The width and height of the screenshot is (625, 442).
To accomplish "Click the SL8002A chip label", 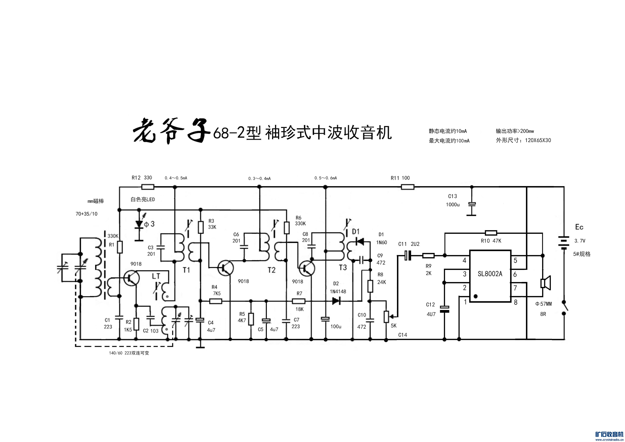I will pos(490,274).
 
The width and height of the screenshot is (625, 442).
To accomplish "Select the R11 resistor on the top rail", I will pos(407,187).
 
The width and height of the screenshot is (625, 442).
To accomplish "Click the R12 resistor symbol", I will pos(148,187).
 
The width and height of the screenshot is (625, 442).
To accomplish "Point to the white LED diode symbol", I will pos(139,224).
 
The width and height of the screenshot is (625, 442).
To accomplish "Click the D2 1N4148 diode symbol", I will pos(336,301).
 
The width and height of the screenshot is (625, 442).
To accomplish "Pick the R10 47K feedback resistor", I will pos(491,233).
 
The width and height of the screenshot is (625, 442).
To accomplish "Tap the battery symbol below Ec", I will pos(564,242).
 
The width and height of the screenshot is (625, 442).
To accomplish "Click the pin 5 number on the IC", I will pos(515,260).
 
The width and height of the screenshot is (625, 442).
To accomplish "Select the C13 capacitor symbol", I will pos(472,204).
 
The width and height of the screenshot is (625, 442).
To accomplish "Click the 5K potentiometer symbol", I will pos(386,317).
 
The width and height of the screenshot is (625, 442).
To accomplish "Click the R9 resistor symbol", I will pos(428,255).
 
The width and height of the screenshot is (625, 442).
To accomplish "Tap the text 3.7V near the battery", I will pos(580,241).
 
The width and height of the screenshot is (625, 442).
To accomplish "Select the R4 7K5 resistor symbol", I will pos(216,301).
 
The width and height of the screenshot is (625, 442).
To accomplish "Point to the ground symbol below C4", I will pos(200,347).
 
